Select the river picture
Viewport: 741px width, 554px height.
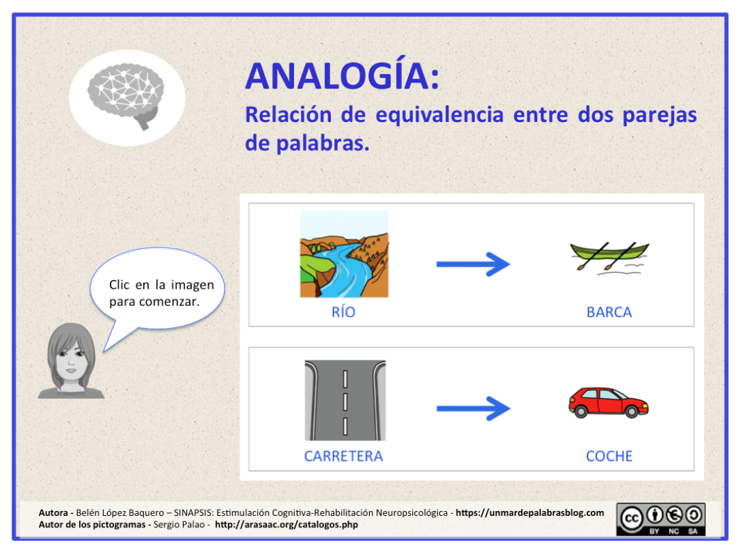344,253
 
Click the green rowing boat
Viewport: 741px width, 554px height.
609,255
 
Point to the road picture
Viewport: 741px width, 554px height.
345,400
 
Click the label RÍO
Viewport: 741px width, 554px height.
343,313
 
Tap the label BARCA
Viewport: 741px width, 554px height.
609,313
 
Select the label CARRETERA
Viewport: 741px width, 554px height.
343,457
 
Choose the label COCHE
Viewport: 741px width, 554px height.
609,457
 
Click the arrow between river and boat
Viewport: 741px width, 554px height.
473,263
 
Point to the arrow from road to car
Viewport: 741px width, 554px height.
473,408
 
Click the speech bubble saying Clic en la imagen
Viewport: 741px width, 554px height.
161,292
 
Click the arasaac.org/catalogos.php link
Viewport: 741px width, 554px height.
286,525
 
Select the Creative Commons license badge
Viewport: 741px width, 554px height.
660,519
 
